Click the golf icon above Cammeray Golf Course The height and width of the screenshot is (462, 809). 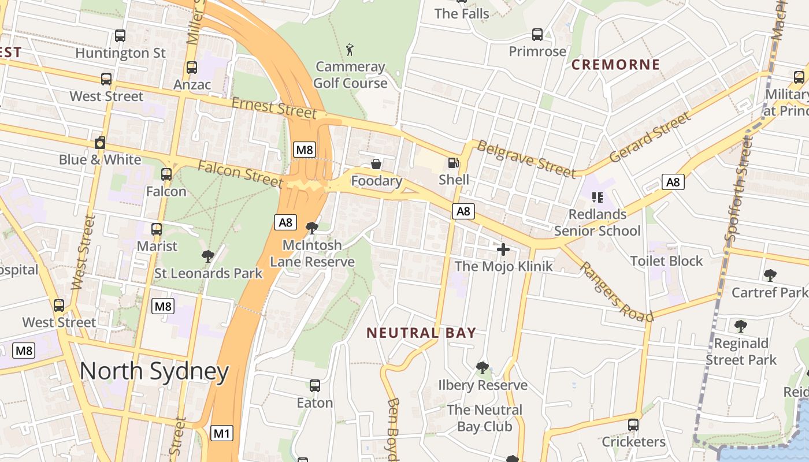(350, 50)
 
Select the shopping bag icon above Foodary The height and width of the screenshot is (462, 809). (376, 165)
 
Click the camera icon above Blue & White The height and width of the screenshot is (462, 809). (100, 143)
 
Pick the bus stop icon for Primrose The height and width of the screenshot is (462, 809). (537, 35)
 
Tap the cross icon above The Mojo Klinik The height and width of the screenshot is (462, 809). (503, 249)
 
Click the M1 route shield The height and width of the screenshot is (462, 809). (222, 433)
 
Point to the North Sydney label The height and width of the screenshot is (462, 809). (154, 371)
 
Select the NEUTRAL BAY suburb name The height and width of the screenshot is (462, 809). (421, 333)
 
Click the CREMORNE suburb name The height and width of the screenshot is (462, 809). (615, 65)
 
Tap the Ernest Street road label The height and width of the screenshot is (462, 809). (274, 107)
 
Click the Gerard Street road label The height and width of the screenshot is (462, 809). (650, 137)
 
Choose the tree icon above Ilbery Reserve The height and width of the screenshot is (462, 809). (482, 368)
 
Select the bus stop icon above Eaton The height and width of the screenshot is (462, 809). (315, 386)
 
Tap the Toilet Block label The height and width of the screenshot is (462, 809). (666, 261)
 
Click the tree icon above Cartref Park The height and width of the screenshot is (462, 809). (770, 275)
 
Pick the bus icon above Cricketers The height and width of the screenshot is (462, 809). (633, 425)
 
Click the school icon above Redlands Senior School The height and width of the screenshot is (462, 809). (598, 198)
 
